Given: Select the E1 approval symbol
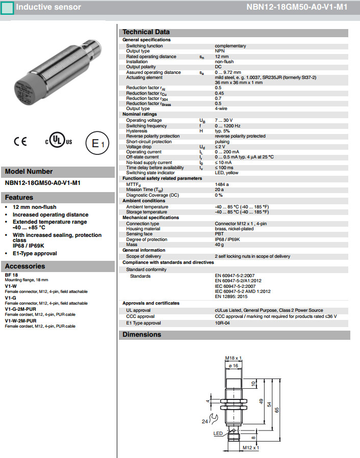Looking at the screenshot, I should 97,144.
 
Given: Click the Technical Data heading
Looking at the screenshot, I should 146,32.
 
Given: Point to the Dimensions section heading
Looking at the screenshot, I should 142,335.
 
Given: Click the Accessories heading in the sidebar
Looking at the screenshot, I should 25,266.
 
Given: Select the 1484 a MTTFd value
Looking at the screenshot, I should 221,184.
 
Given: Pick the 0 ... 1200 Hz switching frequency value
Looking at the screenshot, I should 227,126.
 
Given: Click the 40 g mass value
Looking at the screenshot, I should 219,245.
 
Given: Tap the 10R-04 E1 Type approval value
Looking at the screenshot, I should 222,323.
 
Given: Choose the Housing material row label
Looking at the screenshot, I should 143,229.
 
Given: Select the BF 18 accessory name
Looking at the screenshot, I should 11,275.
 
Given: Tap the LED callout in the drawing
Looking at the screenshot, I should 218,434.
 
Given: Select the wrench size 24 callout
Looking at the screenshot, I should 205,421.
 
